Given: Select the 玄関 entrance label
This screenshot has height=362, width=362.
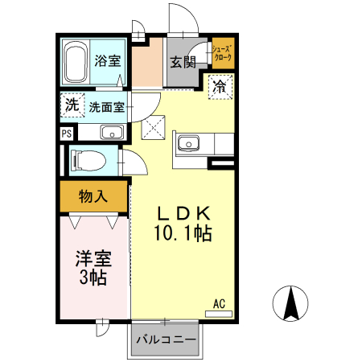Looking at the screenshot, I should click(183, 62).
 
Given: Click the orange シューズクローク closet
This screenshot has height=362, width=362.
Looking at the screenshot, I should click(222, 55).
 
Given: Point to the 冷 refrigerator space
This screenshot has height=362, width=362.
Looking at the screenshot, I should click(219, 86).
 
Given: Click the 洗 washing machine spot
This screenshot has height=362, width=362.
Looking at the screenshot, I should click(72, 105).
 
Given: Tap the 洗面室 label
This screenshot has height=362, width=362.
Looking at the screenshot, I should click(106, 106).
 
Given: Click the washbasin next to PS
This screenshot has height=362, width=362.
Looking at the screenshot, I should click(110, 133).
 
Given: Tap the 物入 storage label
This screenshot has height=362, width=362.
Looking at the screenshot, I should click(93, 196).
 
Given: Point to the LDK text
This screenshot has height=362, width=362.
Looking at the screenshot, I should click(183, 214).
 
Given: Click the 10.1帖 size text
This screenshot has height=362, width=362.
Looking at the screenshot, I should click(183, 234).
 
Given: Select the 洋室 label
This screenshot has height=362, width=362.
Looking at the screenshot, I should click(93, 259).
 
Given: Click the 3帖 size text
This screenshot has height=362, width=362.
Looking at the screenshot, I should click(93, 278).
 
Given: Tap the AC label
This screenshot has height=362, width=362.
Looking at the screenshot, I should click(219, 303).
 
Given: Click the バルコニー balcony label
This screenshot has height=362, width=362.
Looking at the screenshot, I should click(167, 339).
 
